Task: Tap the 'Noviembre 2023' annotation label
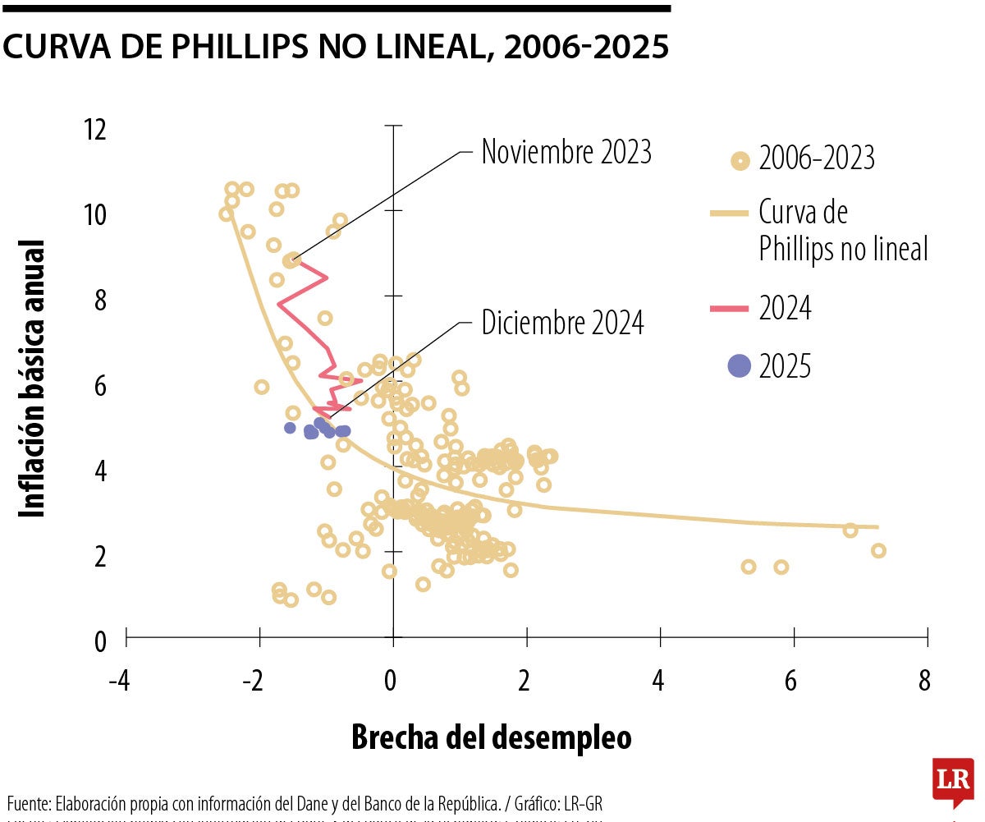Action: click(566, 152)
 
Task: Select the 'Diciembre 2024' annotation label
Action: click(562, 324)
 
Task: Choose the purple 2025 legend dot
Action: click(740, 366)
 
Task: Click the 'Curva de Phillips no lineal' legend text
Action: click(843, 231)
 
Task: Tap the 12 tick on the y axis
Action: click(95, 129)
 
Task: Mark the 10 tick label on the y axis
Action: click(95, 215)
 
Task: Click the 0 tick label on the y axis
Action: click(100, 641)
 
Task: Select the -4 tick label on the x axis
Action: click(120, 682)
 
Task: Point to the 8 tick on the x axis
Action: click(925, 682)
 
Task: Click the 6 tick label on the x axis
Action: click(790, 682)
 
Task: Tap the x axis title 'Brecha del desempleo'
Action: click(492, 737)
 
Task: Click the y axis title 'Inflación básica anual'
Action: click(33, 378)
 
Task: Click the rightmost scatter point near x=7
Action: click(878, 551)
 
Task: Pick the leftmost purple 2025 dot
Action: click(290, 428)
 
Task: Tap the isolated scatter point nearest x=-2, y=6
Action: click(261, 387)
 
